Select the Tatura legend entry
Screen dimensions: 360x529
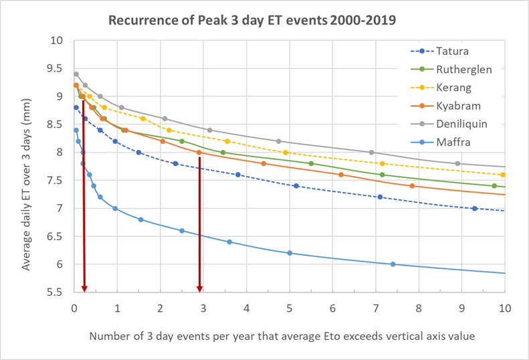point(453,50)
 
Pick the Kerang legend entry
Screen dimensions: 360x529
point(455,88)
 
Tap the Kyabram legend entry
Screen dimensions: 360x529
point(458,106)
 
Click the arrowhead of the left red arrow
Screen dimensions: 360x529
point(84,288)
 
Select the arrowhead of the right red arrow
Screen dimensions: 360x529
point(199,288)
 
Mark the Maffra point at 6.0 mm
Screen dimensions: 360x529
point(393,264)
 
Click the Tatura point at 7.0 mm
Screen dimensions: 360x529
point(475,208)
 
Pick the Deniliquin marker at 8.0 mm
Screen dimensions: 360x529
point(371,153)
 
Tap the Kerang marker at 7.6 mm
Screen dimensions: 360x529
point(502,175)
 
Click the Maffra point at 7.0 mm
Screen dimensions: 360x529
point(115,208)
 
